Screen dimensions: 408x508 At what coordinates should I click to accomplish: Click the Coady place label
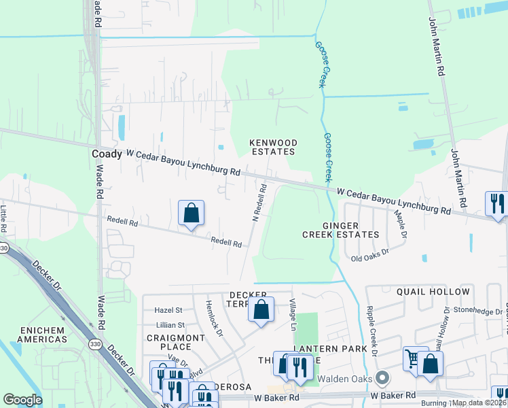(x=107, y=154)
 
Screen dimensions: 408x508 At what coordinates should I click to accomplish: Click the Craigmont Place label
(x=175, y=342)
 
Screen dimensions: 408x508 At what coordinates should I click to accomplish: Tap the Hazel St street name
(x=170, y=309)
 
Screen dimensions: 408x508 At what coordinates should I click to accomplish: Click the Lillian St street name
(x=170, y=326)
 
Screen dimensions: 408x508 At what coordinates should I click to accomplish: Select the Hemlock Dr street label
(x=214, y=318)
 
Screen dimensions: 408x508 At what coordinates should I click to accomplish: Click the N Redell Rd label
(x=257, y=201)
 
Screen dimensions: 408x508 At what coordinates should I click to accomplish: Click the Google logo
(x=22, y=400)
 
